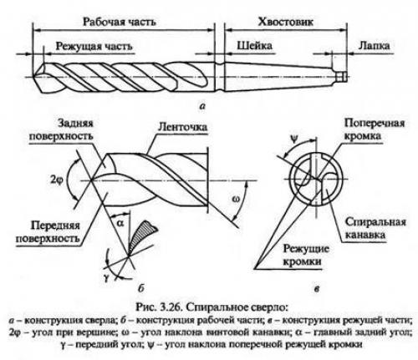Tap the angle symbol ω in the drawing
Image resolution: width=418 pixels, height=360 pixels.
(x=237, y=200)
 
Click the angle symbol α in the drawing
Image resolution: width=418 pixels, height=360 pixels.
(x=120, y=224)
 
